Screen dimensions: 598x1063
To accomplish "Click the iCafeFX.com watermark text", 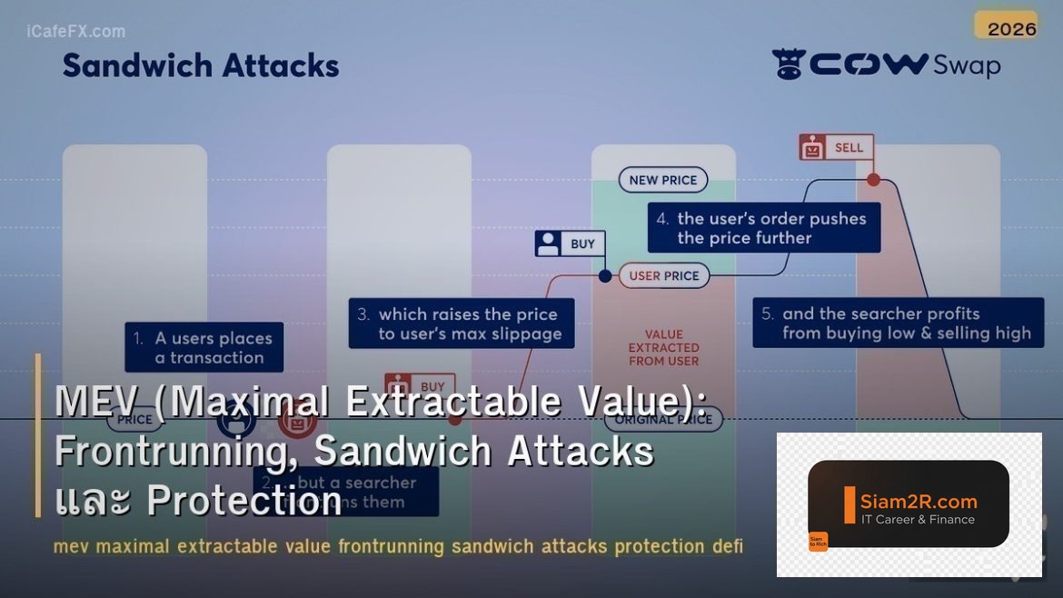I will click(x=76, y=32).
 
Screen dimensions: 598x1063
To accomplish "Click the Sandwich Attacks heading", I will click(x=201, y=65).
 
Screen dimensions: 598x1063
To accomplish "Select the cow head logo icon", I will click(x=789, y=65).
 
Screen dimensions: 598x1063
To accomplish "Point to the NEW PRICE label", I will click(x=663, y=180).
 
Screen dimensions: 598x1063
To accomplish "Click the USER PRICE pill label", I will click(x=664, y=275).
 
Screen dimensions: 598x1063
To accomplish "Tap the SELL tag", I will click(x=837, y=147).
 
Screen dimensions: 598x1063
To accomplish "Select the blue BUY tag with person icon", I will click(x=570, y=244).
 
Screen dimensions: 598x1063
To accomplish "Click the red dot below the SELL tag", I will click(x=873, y=180).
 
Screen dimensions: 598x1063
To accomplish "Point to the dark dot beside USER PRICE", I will click(x=605, y=275).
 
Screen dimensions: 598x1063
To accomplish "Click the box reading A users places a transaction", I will click(x=204, y=347).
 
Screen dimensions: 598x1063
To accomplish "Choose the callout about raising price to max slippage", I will click(x=462, y=324).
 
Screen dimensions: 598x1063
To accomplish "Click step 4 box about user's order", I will click(x=763, y=228).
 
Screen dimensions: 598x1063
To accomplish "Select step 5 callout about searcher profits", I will click(x=898, y=323).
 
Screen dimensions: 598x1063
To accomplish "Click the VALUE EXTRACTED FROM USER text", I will click(x=664, y=347).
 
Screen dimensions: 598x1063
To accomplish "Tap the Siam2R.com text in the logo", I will click(x=919, y=501).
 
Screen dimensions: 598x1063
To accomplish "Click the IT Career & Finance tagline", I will click(x=918, y=520).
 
